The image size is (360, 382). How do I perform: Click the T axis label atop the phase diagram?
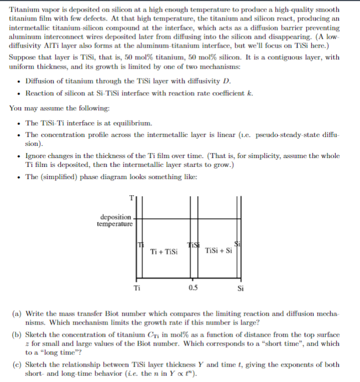pos(131,198)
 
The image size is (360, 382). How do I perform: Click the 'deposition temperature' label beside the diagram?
pos(115,221)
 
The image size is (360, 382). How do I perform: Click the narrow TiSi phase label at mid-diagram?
pos(193,245)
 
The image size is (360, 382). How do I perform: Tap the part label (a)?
pos(17,313)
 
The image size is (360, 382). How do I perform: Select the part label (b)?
pos(17,336)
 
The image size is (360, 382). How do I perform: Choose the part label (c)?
pos(17,365)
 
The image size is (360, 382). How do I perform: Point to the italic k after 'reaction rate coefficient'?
pos(251,93)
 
